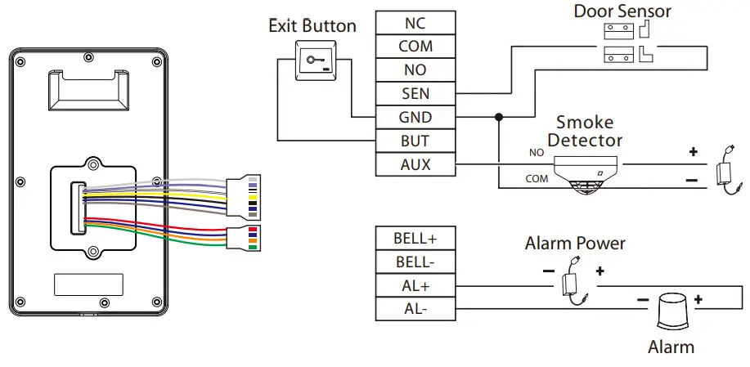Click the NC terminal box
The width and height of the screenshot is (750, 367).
(x=415, y=23)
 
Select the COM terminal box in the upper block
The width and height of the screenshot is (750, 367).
(x=415, y=47)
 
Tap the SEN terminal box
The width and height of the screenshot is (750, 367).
(x=415, y=94)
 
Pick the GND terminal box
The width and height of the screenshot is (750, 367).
(x=415, y=118)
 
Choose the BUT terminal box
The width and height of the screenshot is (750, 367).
(x=415, y=141)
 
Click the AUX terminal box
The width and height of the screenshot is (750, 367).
(x=415, y=165)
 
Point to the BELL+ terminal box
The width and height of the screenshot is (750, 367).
(x=415, y=238)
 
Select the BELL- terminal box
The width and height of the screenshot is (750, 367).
(x=415, y=262)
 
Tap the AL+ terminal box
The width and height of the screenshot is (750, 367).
(x=415, y=285)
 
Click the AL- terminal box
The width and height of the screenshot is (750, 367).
(x=415, y=309)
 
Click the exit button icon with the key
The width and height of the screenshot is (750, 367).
(x=317, y=60)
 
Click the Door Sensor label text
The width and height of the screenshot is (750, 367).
(x=622, y=11)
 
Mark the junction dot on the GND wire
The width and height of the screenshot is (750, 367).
(x=496, y=118)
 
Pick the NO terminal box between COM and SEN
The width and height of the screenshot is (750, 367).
(x=415, y=70)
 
